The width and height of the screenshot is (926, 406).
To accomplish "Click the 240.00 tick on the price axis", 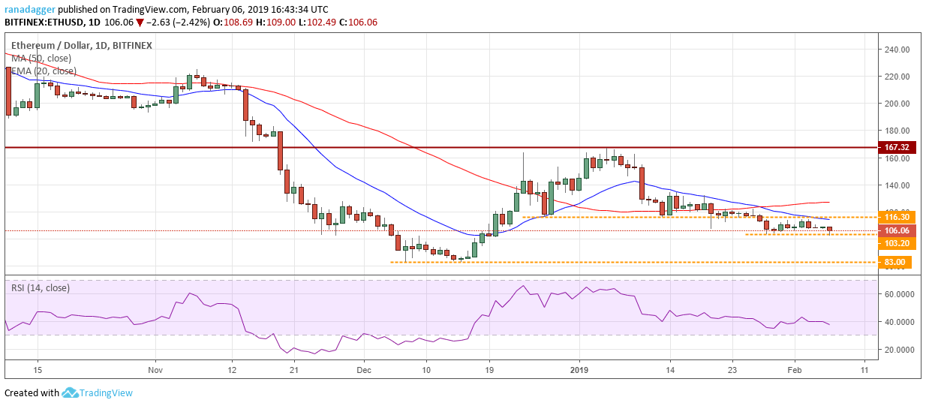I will point(897,50).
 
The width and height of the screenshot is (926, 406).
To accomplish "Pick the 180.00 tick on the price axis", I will point(897,131).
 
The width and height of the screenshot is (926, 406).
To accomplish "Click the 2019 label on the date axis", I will point(579,370).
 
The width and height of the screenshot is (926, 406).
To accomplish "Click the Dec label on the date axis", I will point(364,370).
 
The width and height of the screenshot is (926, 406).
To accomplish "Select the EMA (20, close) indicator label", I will point(42,71).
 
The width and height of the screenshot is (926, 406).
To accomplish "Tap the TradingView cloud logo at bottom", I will point(71,392).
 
